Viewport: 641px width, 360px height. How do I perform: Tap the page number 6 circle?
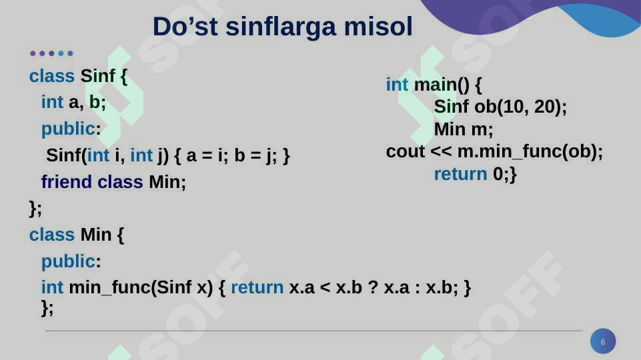tap(603, 342)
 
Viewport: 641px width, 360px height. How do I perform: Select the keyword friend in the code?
tap(66, 182)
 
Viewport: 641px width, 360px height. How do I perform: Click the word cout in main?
tap(405, 152)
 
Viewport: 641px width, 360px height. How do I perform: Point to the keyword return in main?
tap(460, 174)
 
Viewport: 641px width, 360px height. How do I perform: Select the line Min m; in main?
tap(464, 129)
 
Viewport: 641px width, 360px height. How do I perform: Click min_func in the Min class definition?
tap(109, 287)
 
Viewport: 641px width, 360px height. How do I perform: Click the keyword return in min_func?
tap(257, 287)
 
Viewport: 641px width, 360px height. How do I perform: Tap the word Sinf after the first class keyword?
tap(97, 76)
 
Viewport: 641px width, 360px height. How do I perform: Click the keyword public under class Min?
tap(67, 261)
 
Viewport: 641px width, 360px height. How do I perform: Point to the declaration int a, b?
tap(73, 102)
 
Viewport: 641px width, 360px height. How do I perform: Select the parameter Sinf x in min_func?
tap(181, 287)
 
